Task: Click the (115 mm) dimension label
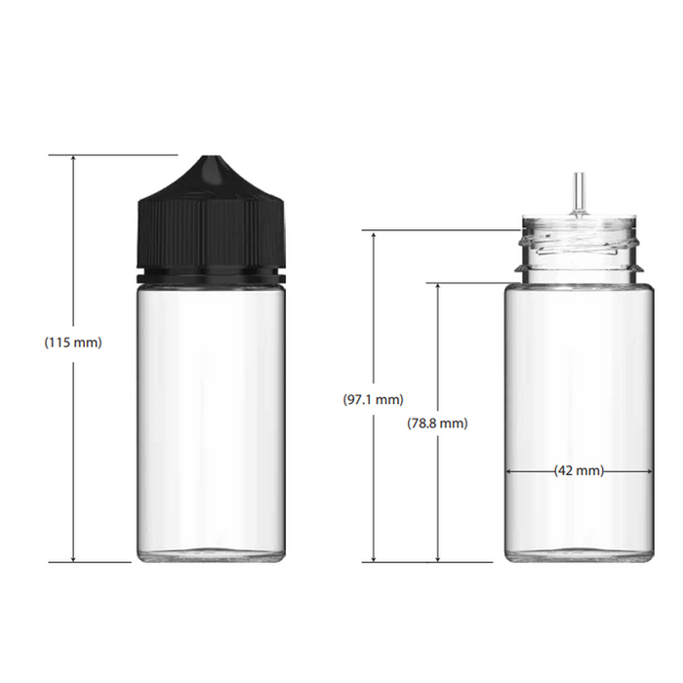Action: point(73,342)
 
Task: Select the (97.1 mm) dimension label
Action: point(373,400)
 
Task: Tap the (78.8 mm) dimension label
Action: point(437,423)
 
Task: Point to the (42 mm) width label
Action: point(579,470)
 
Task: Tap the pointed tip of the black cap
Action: point(211,159)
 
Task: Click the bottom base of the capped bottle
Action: point(211,554)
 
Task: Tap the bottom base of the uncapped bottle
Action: point(579,554)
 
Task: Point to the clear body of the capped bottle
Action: point(211,410)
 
